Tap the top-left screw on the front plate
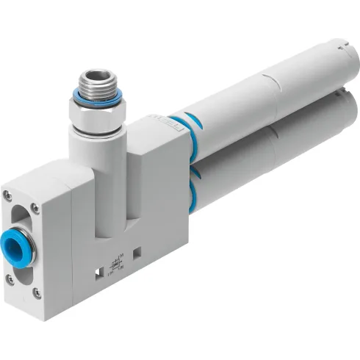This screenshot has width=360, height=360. (x=7, y=195)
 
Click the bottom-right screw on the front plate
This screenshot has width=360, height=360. (x=37, y=292)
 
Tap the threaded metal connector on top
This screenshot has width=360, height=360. (x=96, y=81)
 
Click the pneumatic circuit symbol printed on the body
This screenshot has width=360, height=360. (x=115, y=265)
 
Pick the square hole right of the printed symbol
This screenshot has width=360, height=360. (x=137, y=253)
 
